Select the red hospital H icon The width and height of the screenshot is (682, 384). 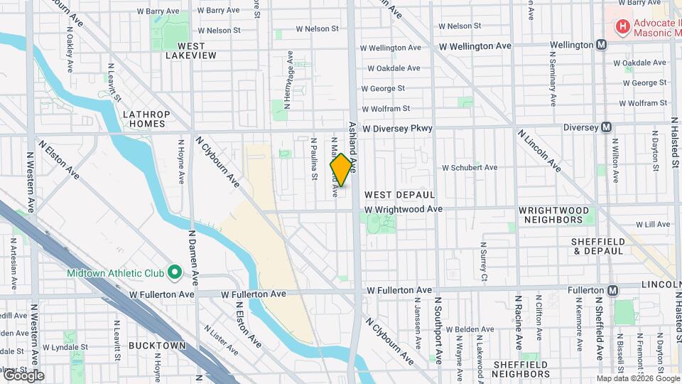click(x=622, y=27)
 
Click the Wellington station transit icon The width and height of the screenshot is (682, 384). click(x=602, y=45)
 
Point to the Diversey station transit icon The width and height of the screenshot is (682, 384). click(x=606, y=127)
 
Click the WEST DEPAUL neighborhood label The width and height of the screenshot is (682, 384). click(x=399, y=194)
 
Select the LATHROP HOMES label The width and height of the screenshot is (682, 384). click(x=146, y=119)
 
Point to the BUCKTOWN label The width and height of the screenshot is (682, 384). click(x=157, y=346)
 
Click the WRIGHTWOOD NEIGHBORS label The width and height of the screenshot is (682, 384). click(x=553, y=215)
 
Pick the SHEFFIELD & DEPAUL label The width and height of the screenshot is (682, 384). click(x=598, y=247)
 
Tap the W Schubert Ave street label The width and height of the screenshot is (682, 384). click(x=470, y=168)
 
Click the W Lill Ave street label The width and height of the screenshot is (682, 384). click(x=653, y=224)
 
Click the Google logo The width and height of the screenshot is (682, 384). click(x=23, y=375)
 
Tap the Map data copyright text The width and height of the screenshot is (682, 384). click(x=638, y=378)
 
